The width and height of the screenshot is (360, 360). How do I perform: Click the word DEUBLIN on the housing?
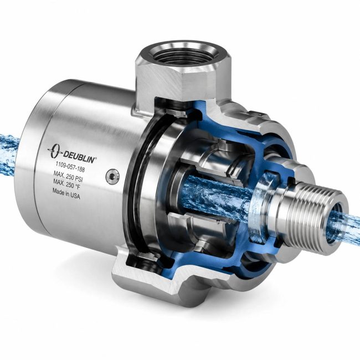click(x=79, y=157)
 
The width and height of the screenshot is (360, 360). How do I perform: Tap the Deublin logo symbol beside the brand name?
click(x=54, y=151)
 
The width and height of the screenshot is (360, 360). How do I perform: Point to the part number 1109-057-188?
click(x=70, y=167)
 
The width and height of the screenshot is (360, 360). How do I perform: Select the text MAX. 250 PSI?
click(x=68, y=176)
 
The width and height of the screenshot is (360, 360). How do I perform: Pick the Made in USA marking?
click(x=66, y=193)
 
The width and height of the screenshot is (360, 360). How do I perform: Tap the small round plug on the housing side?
click(x=112, y=176)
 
